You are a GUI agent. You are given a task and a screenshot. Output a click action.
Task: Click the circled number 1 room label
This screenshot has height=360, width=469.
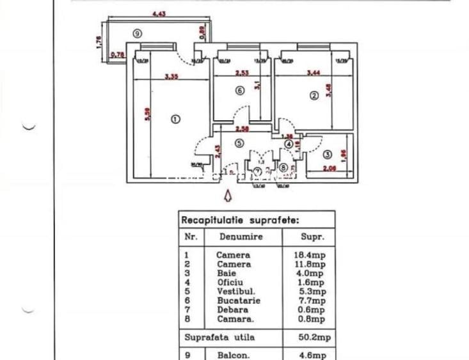175,118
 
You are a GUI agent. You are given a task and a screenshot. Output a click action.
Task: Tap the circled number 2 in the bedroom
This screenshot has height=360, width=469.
314,96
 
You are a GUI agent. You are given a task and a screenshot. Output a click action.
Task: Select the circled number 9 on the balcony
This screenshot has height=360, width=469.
137,33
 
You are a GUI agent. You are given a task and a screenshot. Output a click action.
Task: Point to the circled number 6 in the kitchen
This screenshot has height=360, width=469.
240,91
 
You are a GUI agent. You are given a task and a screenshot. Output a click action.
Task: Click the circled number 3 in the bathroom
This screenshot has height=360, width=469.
327,154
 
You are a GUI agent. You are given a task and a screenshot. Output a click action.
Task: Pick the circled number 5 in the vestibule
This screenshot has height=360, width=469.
239,143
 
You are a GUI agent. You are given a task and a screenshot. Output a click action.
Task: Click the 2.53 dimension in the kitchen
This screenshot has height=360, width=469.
241,73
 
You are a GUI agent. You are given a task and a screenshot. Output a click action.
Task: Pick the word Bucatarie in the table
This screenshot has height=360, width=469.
238,300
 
